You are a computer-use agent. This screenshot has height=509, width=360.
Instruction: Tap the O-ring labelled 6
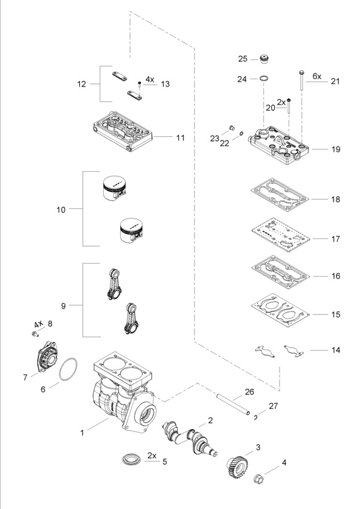[x=70, y=371]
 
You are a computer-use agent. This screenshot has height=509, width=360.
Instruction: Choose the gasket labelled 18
[x=279, y=196]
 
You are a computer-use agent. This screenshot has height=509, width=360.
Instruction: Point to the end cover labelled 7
[x=46, y=360]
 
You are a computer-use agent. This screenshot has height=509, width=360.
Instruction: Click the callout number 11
[x=180, y=137]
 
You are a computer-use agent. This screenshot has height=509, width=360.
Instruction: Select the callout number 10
[x=61, y=209]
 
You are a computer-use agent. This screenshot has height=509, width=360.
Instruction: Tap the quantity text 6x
[x=316, y=76]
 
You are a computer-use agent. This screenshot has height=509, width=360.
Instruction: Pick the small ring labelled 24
[x=262, y=79]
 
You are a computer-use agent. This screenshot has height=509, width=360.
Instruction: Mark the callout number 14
[x=335, y=349]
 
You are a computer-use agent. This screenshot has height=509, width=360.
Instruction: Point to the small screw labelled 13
[x=139, y=82]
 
